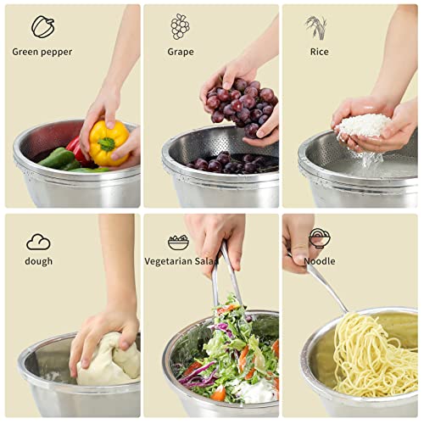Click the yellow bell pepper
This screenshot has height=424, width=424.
click(x=109, y=142)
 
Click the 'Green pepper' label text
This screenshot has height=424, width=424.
click(x=42, y=52)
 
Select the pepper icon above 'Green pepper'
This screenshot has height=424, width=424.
click(x=42, y=26)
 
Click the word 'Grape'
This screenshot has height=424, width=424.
click(x=180, y=52)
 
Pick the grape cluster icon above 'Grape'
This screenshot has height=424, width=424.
click(x=180, y=26)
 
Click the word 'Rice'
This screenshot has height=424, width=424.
click(x=319, y=52)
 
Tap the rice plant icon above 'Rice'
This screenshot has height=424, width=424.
click(x=316, y=27)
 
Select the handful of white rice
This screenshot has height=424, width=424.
click(x=363, y=127)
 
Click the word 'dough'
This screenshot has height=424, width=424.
click(x=38, y=261)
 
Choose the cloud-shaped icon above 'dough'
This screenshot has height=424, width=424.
click(x=38, y=242)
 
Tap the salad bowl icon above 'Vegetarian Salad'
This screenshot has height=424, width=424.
click(x=178, y=242)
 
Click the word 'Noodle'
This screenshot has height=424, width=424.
click(x=320, y=261)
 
